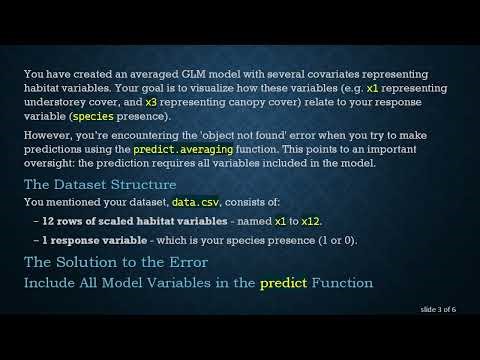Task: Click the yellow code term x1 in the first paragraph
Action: [373, 88]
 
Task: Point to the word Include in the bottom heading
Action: [52, 283]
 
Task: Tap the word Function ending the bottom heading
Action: [342, 283]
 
